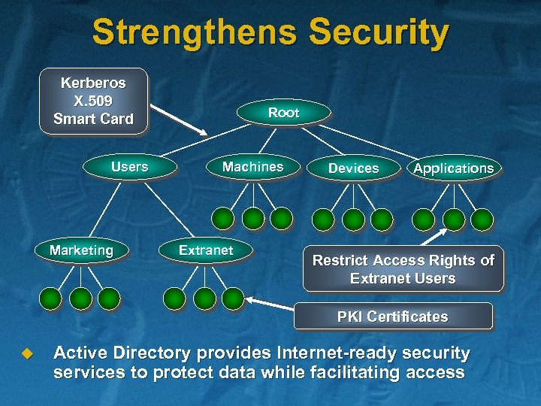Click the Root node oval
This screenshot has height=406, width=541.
click(283, 113)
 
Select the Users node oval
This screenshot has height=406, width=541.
click(130, 167)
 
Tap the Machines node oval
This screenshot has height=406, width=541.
click(252, 167)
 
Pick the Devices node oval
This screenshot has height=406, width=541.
click(353, 168)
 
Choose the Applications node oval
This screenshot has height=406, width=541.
click(453, 168)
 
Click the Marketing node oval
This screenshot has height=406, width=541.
click(81, 250)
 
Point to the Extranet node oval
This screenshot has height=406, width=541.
click(206, 250)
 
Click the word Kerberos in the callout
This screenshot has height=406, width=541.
click(93, 83)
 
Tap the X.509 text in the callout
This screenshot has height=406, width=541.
click(93, 101)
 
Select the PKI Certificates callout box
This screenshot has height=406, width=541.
click(392, 317)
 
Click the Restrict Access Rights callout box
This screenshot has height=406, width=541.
click(403, 269)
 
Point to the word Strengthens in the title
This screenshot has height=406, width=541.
click(195, 33)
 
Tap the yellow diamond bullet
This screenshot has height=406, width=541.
click(28, 352)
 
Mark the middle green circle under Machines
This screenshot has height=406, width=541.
click(253, 219)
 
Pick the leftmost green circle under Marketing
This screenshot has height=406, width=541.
click(50, 299)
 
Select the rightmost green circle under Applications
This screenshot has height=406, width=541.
click(482, 219)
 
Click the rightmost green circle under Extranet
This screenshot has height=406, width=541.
click(233, 298)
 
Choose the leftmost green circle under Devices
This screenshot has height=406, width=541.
click(323, 219)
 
